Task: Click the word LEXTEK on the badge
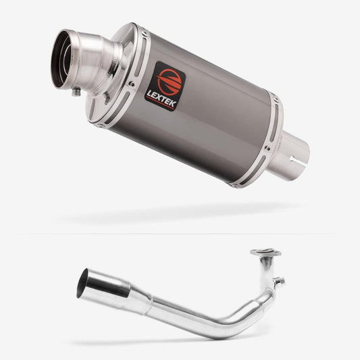click(x=161, y=99)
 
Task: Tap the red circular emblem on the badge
click(x=169, y=82)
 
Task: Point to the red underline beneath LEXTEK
click(x=160, y=103)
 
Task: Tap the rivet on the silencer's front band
click(x=132, y=84)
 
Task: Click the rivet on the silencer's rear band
click(x=267, y=149)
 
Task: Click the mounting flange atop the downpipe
click(x=265, y=253)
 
